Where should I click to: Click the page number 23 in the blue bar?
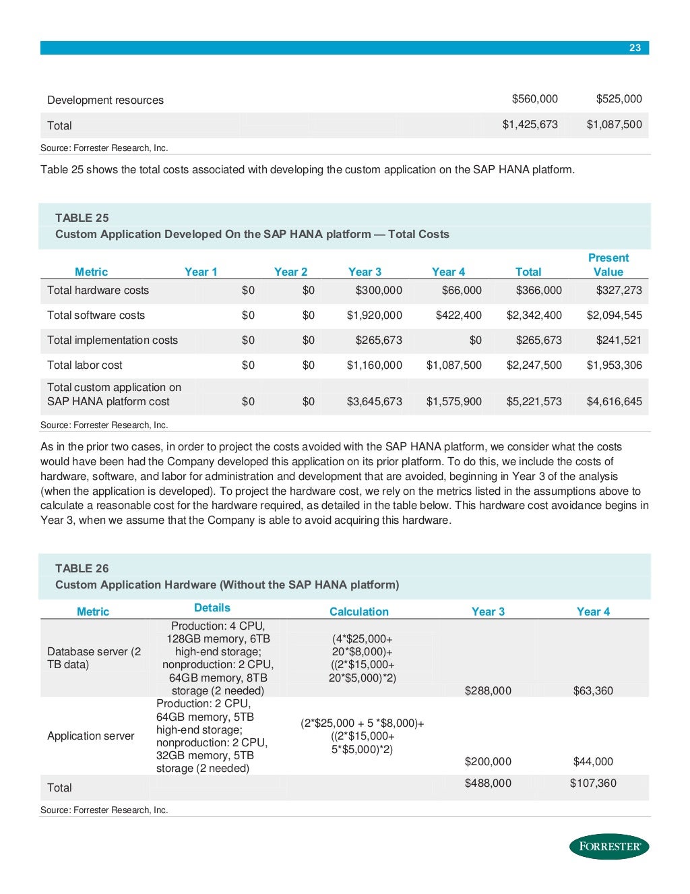pyautogui.click(x=635, y=47)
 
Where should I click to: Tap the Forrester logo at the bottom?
pyautogui.click(x=609, y=846)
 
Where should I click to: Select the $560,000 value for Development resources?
pyautogui.click(x=534, y=99)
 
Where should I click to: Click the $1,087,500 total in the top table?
pyautogui.click(x=614, y=125)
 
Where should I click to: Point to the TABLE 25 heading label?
pyautogui.click(x=82, y=218)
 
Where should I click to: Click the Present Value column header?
pyautogui.click(x=608, y=265)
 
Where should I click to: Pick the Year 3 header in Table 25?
pyautogui.click(x=365, y=272)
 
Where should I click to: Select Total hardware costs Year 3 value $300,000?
pyautogui.click(x=379, y=291)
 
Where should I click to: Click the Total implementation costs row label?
pyautogui.click(x=113, y=340)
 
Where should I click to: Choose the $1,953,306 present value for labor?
pyautogui.click(x=614, y=365)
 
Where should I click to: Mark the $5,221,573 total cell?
pyautogui.click(x=534, y=402)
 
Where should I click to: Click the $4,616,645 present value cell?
pyautogui.click(x=614, y=402)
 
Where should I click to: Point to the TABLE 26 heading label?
pyautogui.click(x=82, y=568)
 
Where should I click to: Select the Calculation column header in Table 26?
pyautogui.click(x=358, y=612)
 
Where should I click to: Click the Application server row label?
pyautogui.click(x=90, y=736)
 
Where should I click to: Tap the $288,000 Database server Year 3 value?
pyautogui.click(x=488, y=691)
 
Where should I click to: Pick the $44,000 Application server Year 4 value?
pyautogui.click(x=593, y=762)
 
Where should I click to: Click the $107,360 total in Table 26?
pyautogui.click(x=593, y=783)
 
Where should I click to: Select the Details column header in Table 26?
pyautogui.click(x=212, y=608)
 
